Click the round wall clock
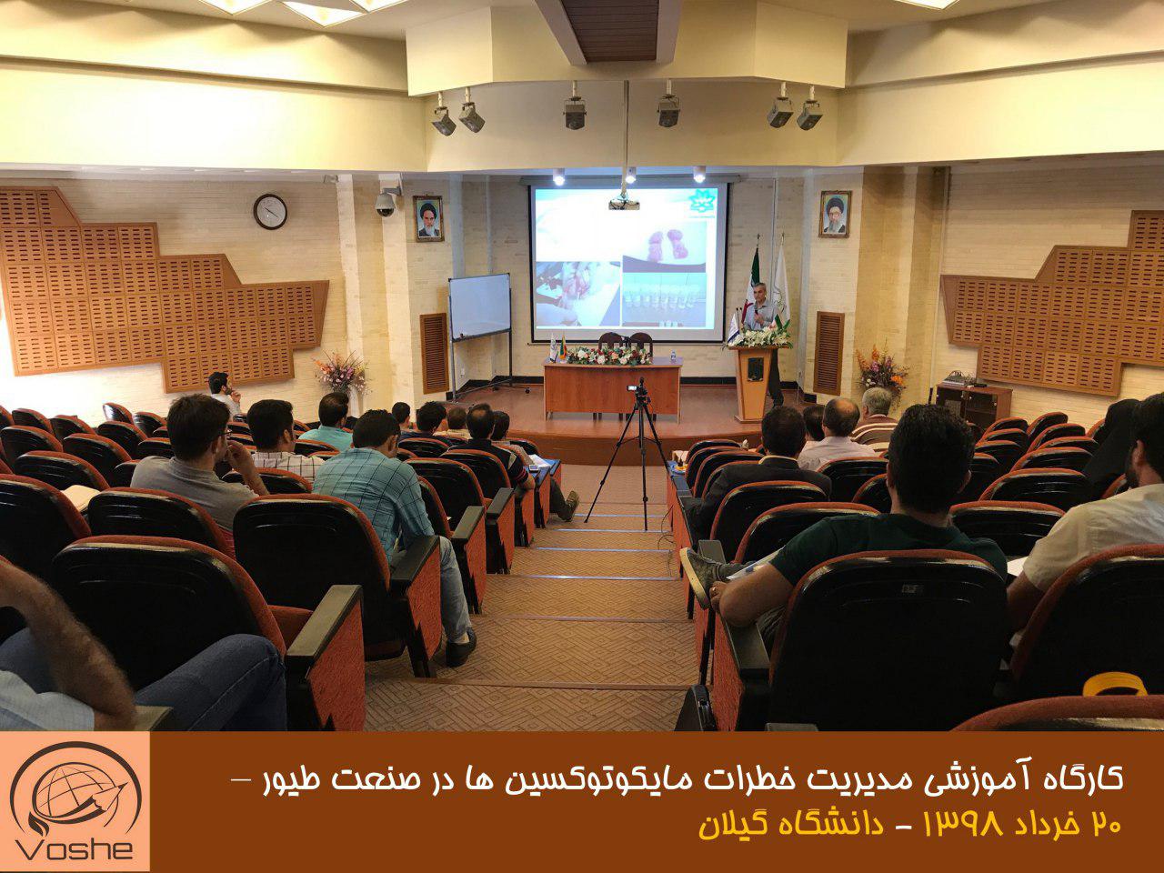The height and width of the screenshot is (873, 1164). pos(270,212)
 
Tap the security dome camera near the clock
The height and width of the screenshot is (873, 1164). pos(386,204)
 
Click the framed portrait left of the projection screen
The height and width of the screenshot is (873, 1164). pos(428,218)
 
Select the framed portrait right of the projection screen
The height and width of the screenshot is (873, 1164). pos(835,214)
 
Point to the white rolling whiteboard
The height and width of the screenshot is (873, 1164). pos(479,306)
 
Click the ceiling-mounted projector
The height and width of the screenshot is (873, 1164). pos(624,202)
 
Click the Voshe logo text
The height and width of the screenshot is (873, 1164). pos(74,848)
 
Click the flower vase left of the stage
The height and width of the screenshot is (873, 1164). pos(341,373)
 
